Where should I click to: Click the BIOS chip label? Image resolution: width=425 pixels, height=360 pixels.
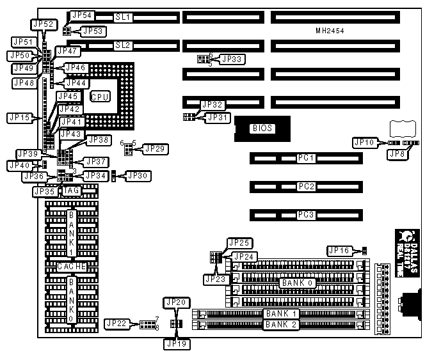click(x=262, y=129)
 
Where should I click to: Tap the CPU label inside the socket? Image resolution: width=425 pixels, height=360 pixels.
click(x=100, y=97)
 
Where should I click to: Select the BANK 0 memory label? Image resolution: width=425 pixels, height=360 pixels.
click(x=296, y=282)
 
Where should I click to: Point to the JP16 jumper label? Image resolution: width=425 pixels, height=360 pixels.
click(x=339, y=250)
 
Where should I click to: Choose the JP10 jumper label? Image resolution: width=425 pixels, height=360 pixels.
click(x=364, y=142)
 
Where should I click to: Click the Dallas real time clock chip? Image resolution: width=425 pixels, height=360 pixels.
click(x=406, y=253)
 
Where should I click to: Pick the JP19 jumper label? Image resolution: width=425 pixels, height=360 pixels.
click(x=176, y=343)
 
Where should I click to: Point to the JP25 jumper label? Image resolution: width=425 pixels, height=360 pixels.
click(x=240, y=243)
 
